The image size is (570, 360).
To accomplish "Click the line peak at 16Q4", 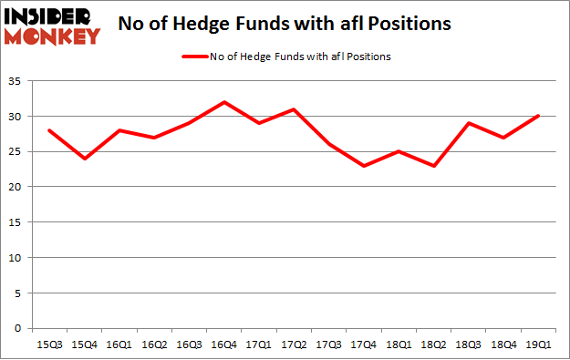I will (223, 102).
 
